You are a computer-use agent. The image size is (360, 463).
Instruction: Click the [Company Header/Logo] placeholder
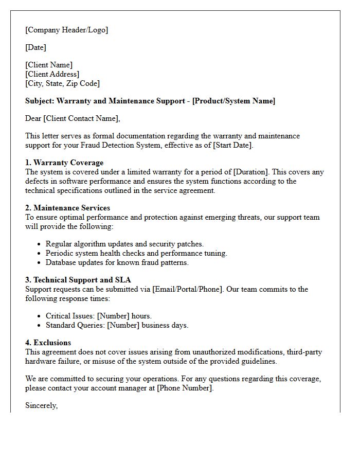(67, 30)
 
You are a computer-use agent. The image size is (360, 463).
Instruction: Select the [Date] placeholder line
(35, 47)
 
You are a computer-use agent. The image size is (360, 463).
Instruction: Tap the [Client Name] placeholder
(49, 65)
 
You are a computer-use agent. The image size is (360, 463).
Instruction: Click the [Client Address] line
(52, 74)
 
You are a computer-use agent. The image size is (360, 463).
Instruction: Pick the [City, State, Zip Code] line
(62, 83)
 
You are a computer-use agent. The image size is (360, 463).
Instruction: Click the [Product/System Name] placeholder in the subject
(233, 101)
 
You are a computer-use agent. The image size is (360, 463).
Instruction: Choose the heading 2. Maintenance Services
(67, 208)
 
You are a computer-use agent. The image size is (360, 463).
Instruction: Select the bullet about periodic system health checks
(136, 253)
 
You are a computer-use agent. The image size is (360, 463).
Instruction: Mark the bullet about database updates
(117, 262)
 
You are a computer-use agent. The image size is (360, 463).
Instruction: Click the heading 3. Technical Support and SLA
(78, 280)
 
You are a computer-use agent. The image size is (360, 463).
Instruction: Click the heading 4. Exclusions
(48, 343)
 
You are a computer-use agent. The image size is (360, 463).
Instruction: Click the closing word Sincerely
(41, 405)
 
